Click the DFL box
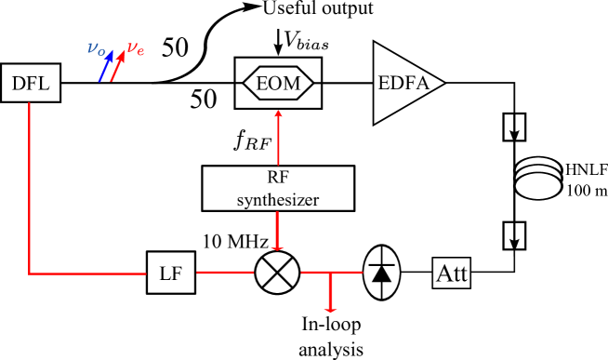(31, 84)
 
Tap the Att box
(452, 273)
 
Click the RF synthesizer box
(278, 188)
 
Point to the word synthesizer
(278, 198)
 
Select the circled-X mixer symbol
(277, 273)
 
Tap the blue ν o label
(96, 48)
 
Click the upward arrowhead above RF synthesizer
(278, 113)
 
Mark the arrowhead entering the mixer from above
(277, 247)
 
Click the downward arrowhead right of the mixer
(330, 308)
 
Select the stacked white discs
(539, 178)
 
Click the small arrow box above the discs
(514, 127)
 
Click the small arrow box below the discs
(514, 236)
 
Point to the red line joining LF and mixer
(224, 273)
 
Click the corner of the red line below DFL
(29, 273)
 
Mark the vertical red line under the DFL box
(29, 186)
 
